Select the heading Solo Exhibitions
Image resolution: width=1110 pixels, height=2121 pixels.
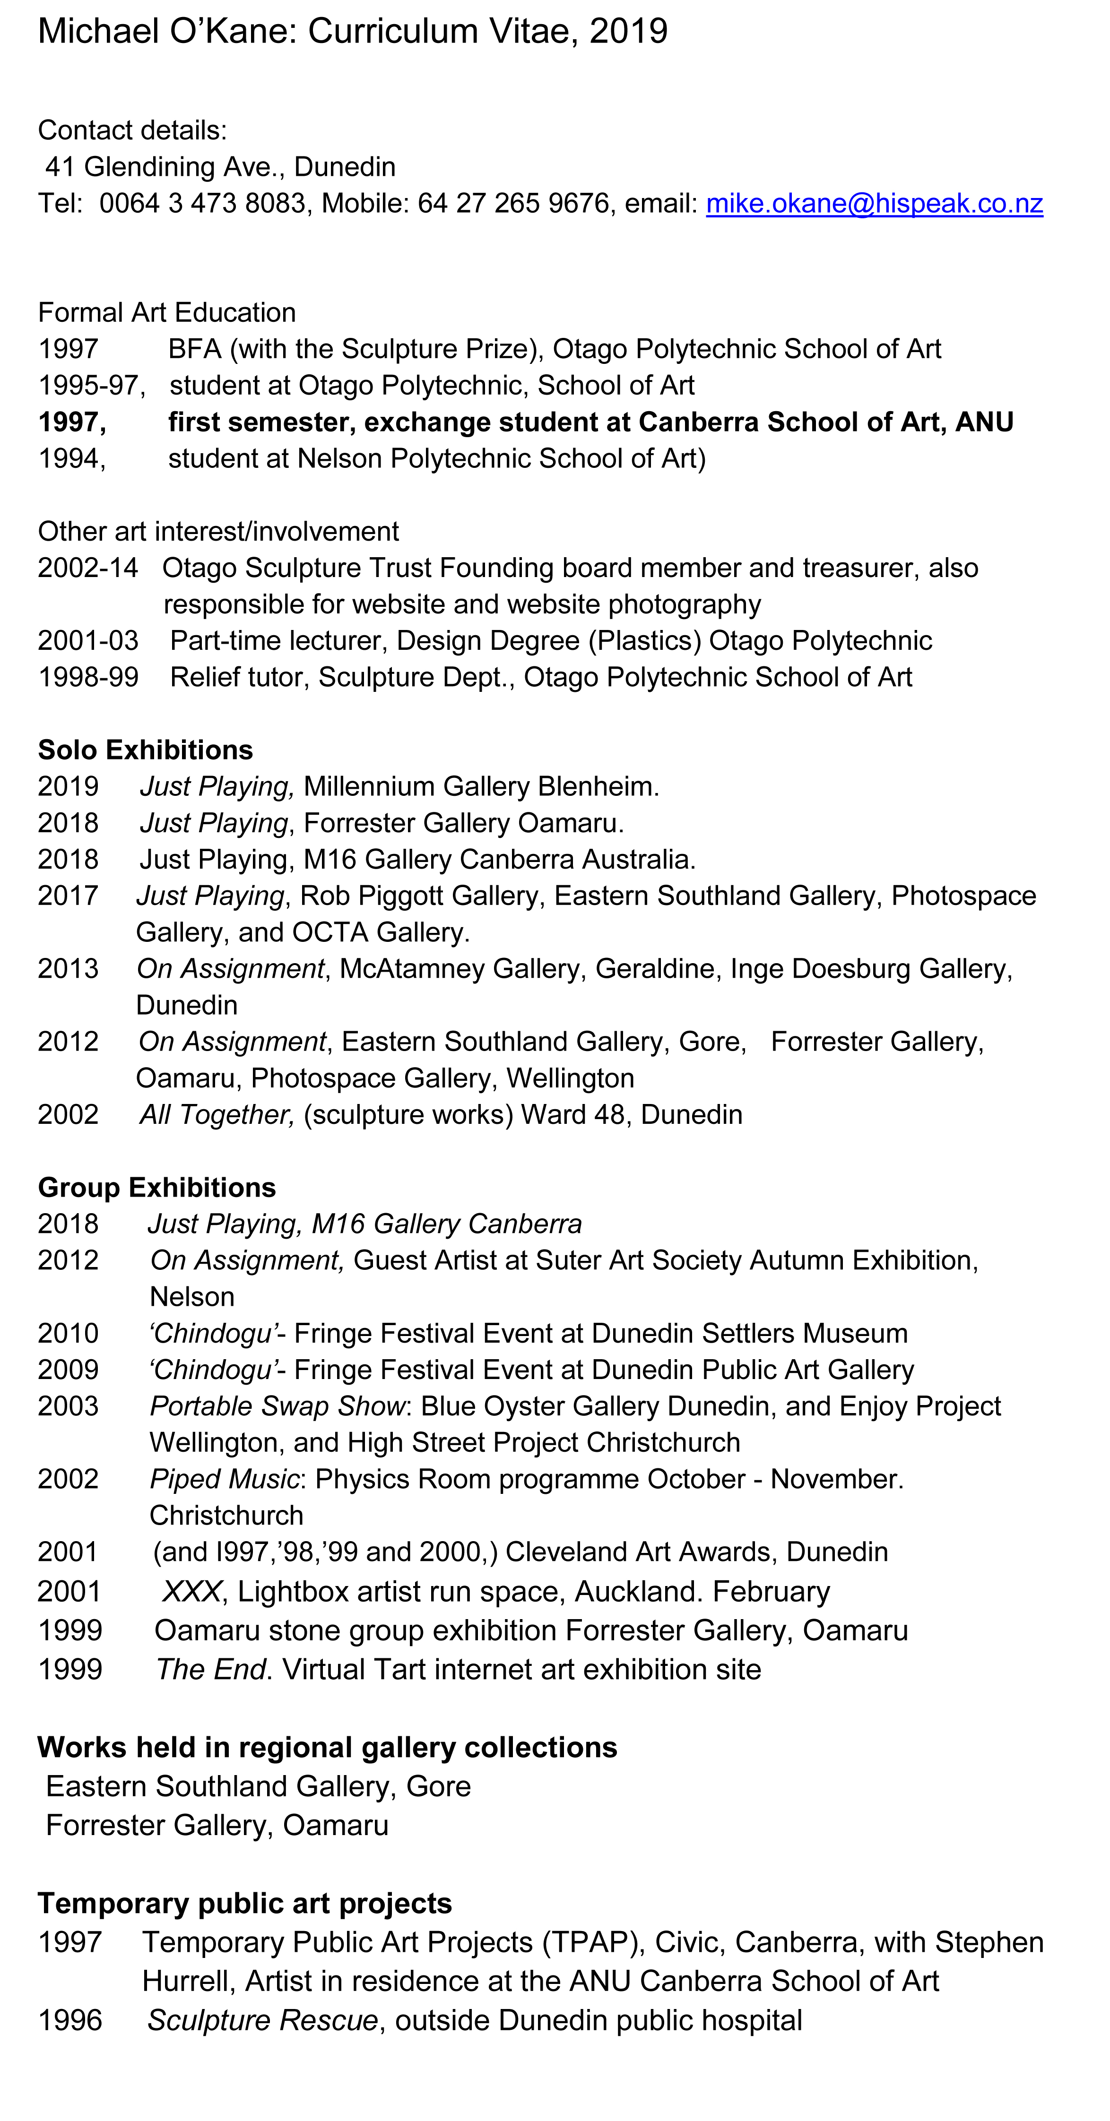pos(145,750)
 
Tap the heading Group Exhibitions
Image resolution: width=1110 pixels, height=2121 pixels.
pos(156,1187)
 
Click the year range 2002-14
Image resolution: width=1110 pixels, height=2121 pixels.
pos(87,568)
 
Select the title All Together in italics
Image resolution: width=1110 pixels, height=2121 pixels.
pos(216,1115)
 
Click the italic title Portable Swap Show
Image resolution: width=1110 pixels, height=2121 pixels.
pos(277,1406)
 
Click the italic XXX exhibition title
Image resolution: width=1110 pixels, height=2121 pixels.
pos(191,1592)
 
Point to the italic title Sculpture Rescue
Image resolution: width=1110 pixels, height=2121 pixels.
pos(262,2020)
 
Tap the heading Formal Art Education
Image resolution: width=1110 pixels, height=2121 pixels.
pos(166,313)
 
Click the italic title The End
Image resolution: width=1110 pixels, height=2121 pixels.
pos(211,1670)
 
